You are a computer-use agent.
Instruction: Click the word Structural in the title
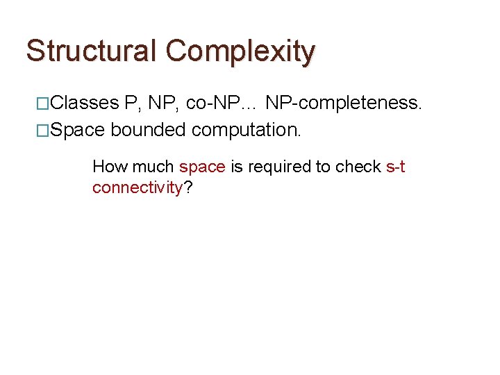click(x=92, y=51)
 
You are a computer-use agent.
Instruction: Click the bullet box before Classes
click(x=42, y=104)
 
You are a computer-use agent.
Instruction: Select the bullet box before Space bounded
click(x=42, y=129)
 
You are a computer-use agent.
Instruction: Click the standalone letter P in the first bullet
click(x=131, y=104)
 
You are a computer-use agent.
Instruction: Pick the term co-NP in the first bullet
click(x=212, y=104)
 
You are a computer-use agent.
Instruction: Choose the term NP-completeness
click(x=344, y=104)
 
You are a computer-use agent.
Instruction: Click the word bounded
click(x=148, y=130)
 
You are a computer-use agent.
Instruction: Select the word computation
click(x=247, y=130)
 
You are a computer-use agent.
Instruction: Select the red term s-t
click(x=395, y=167)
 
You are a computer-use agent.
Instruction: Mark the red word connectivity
click(x=137, y=188)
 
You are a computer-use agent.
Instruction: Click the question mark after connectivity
click(x=188, y=187)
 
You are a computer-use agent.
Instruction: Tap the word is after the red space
click(x=236, y=167)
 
